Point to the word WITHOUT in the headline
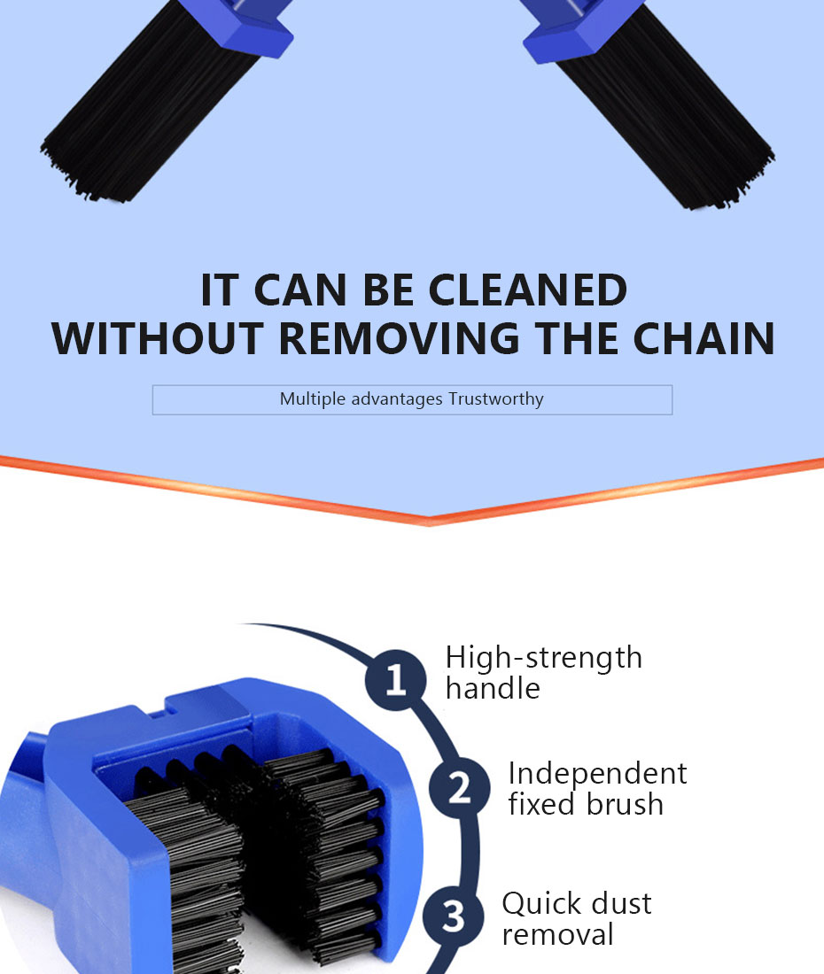pos(157,339)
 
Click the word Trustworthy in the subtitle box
pos(495,399)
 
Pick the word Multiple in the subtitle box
pos(313,399)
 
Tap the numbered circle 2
pos(459,788)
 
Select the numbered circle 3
pos(453,917)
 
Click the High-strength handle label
pos(542,672)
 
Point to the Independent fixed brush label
pos(596,788)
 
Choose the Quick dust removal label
pos(576,918)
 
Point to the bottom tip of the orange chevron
pos(430,521)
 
